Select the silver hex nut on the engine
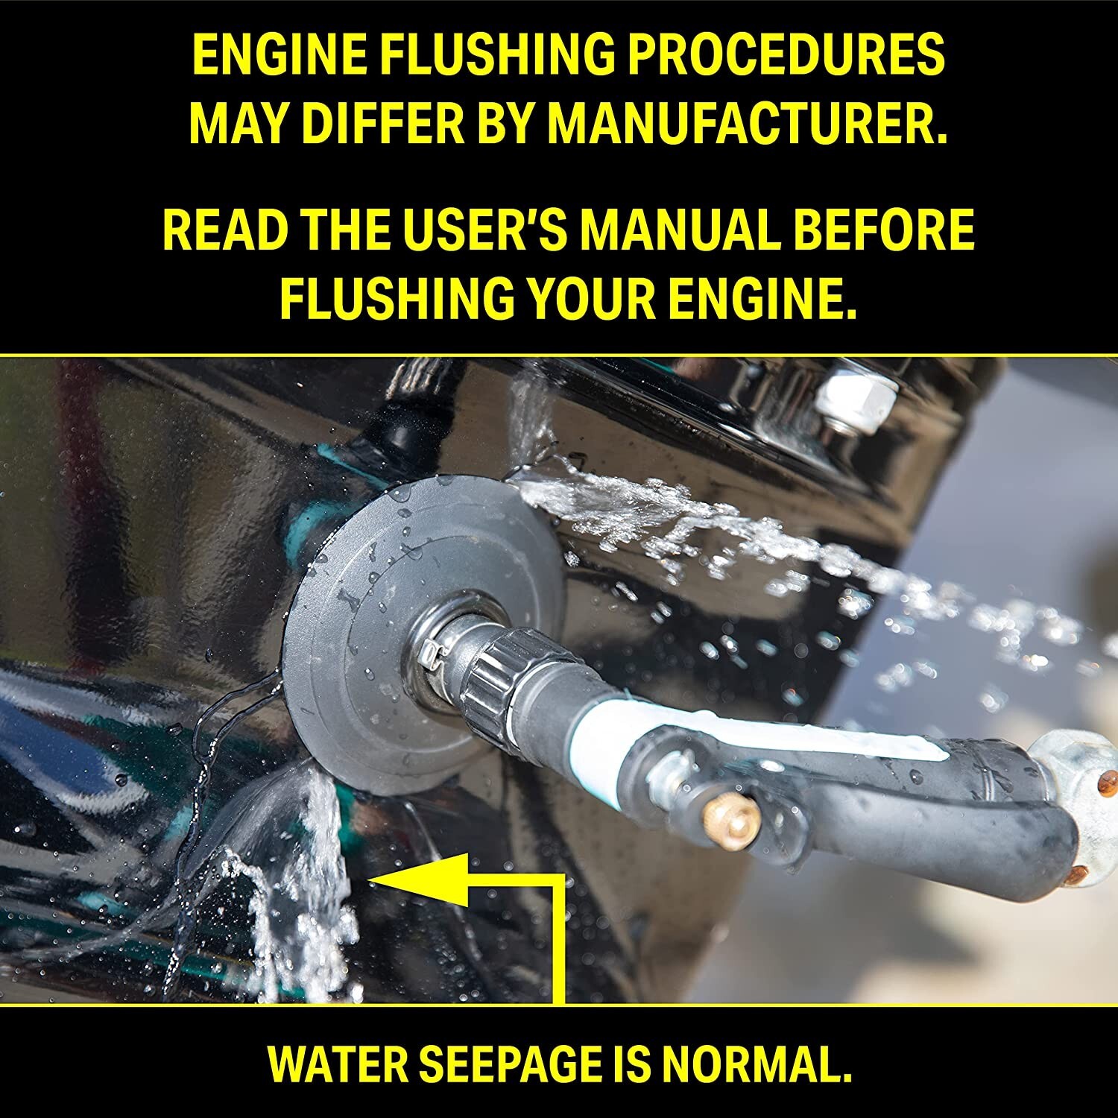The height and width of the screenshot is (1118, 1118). click(x=854, y=403)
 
